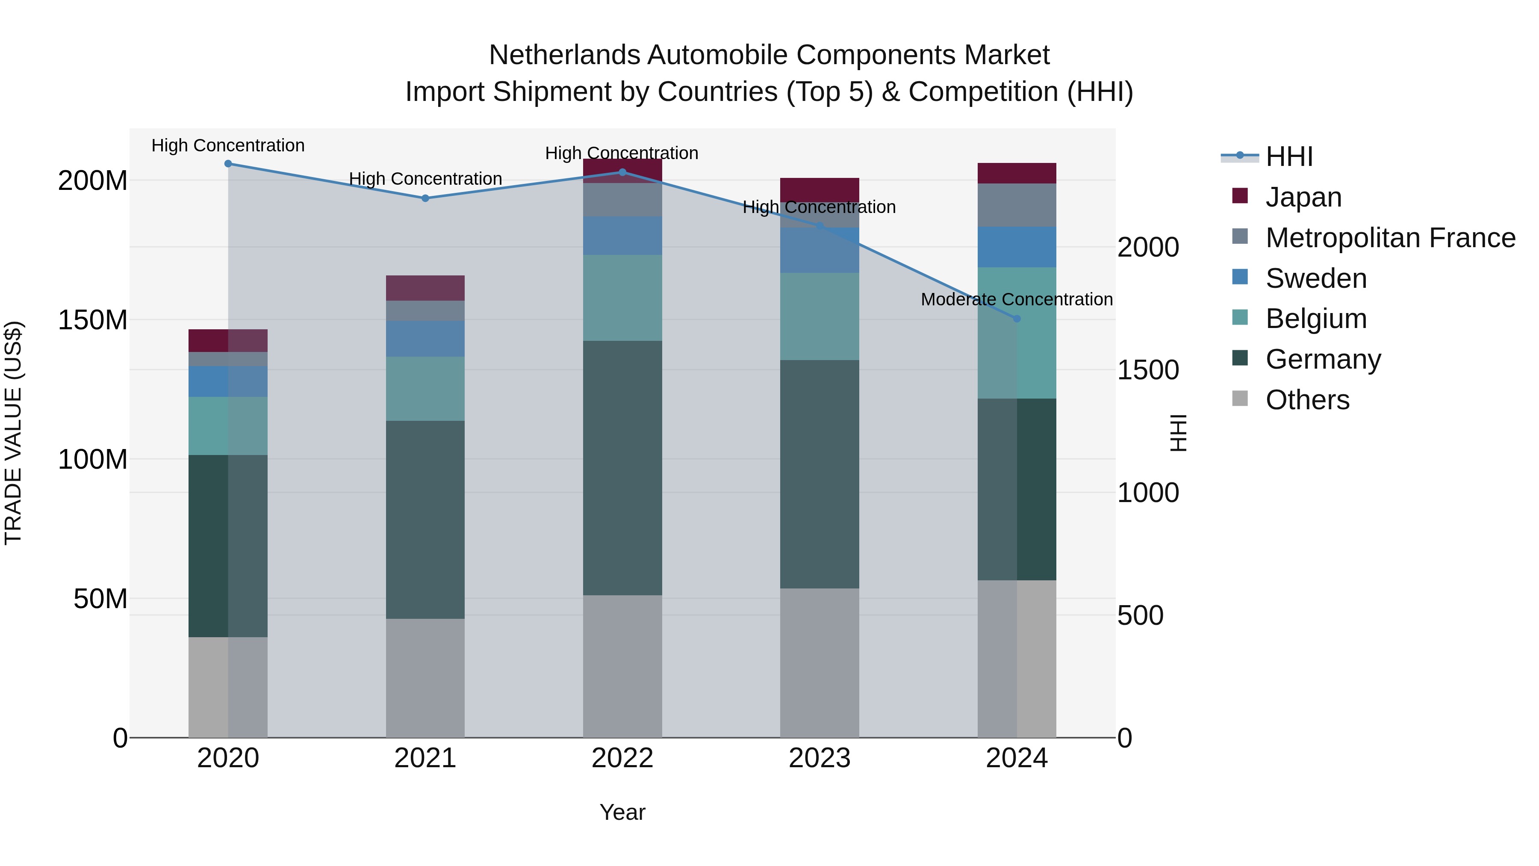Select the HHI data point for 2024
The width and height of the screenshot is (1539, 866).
click(1017, 319)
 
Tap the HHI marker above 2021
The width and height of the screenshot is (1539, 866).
click(425, 198)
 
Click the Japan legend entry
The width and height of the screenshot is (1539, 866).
click(1303, 197)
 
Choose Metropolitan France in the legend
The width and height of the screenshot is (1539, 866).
click(1390, 238)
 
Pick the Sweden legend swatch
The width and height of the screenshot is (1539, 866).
click(1240, 277)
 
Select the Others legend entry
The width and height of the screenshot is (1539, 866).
click(1307, 400)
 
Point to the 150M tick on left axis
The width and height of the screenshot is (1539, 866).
click(93, 320)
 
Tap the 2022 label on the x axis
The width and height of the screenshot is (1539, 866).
click(622, 758)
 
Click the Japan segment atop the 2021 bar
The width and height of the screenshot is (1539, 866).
click(425, 288)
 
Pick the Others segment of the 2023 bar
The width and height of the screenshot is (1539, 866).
click(819, 662)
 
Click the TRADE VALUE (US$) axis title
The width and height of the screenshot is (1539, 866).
click(13, 433)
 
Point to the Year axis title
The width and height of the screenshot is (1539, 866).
click(622, 812)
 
